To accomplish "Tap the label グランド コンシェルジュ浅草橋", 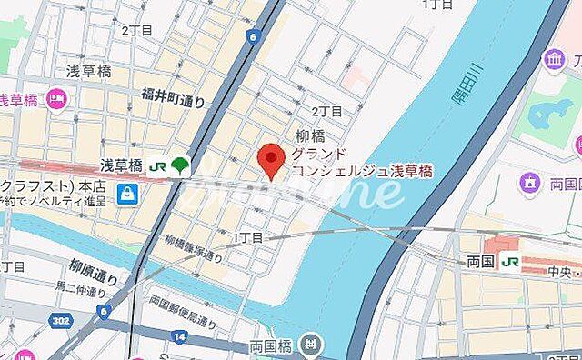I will click(x=362, y=163).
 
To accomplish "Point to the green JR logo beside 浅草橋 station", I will click(x=157, y=166).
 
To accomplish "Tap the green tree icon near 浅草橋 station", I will click(x=179, y=165).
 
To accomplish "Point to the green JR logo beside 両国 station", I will click(x=511, y=263).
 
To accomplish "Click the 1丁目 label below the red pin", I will click(x=247, y=237).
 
